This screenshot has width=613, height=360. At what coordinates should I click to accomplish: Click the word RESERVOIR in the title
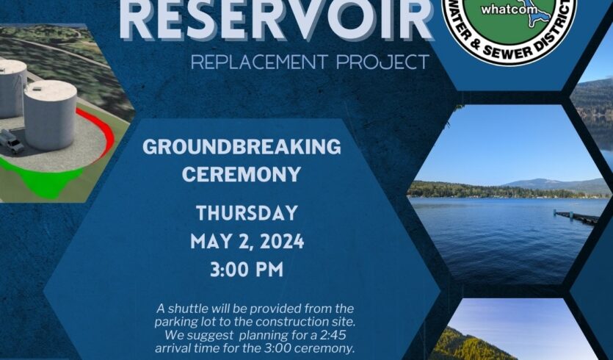(x=276, y=20)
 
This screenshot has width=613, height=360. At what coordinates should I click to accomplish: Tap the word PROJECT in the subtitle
(x=382, y=62)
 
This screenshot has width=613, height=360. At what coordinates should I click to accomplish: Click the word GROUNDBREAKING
(x=242, y=147)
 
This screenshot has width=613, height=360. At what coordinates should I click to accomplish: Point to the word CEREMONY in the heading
(x=242, y=174)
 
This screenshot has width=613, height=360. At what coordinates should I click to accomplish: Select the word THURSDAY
(x=247, y=213)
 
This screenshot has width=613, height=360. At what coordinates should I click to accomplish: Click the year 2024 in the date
(x=282, y=242)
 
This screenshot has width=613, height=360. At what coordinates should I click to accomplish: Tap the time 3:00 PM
(x=247, y=270)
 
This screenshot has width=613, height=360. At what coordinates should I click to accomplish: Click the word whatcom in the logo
(x=504, y=10)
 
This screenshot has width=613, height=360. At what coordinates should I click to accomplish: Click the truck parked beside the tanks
(x=12, y=141)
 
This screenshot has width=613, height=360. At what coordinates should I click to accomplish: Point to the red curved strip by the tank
(x=103, y=131)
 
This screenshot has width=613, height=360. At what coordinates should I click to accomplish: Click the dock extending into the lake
(x=576, y=217)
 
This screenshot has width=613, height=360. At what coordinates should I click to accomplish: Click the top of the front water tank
(x=51, y=90)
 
